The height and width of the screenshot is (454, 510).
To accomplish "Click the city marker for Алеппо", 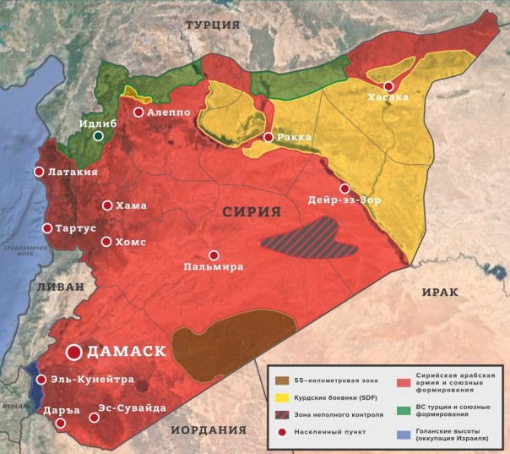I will point(138,112).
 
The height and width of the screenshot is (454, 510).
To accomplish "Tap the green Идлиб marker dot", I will point(99,135).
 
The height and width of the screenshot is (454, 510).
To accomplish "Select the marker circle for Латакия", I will point(39,172).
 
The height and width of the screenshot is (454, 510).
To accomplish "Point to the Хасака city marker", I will point(388,86).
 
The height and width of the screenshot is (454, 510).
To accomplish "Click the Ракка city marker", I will point(269,137).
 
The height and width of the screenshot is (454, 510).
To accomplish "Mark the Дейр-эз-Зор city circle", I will point(345,189).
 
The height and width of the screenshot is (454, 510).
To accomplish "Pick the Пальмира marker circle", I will point(214,255).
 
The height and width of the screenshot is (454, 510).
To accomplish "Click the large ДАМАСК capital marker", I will point(74,351).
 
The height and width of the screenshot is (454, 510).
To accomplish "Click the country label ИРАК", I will point(439,292).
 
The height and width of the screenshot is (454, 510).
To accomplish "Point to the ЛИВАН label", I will point(61,287).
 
